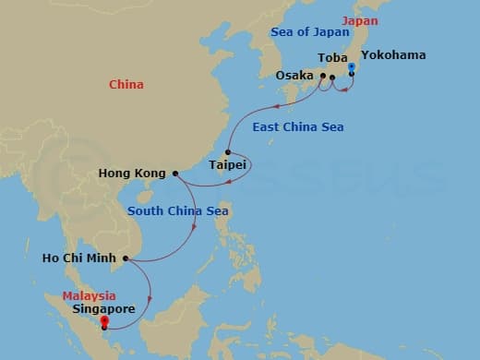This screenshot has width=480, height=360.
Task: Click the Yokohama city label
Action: tap(393, 55)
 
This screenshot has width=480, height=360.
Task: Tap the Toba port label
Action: tap(332, 58)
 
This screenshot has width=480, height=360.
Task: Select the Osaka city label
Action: tap(294, 76)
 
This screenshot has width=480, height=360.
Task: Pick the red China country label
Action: tap(126, 85)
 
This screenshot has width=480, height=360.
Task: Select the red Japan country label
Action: tap(359, 20)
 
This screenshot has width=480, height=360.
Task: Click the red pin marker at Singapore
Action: tap(104, 321)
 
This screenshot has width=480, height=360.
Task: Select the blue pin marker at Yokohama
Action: tap(352, 66)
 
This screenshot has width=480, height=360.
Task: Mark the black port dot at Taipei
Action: tap(227, 151)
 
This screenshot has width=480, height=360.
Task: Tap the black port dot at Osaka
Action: tap(322, 76)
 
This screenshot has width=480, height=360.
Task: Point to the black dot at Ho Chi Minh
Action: tap(126, 258)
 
